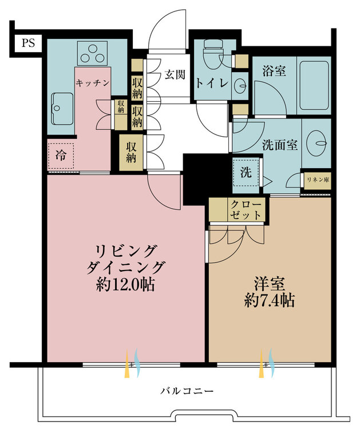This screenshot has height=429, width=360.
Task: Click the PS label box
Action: (28, 43)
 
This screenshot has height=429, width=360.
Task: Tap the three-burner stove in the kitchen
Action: (92, 53)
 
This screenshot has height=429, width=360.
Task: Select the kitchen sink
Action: (62, 109)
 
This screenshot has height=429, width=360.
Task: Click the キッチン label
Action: (93, 82)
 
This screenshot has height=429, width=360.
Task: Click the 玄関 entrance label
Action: (175, 74)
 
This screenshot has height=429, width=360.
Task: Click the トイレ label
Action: (212, 84)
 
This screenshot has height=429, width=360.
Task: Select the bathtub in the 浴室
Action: (314, 85)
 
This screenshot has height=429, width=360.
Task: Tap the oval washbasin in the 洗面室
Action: (317, 142)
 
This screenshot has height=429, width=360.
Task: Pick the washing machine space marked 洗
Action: (246, 172)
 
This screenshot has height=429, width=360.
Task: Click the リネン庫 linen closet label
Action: (318, 180)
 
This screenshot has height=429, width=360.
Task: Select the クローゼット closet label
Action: (246, 209)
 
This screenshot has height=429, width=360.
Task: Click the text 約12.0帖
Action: (126, 284)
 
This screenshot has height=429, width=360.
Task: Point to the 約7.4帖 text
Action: (270, 300)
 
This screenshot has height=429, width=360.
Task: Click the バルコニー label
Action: (187, 391)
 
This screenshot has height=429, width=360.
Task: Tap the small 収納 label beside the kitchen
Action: (121, 106)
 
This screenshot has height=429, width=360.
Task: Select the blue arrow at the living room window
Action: (137, 363)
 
